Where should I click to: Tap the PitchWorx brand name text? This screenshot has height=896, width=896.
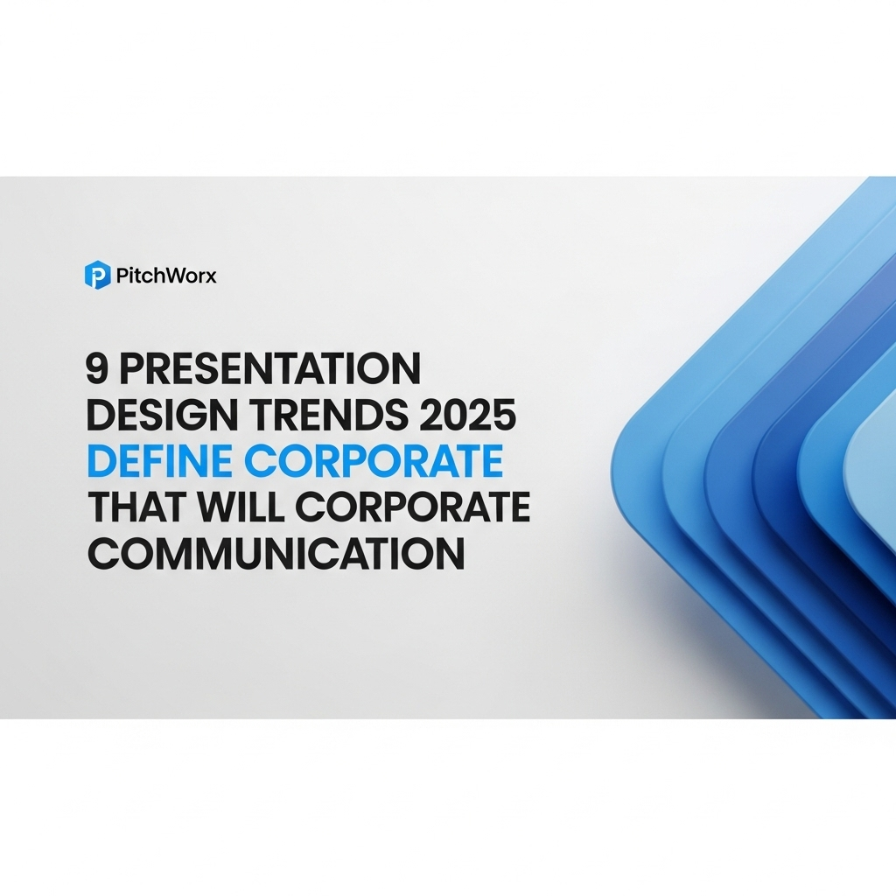(x=165, y=276)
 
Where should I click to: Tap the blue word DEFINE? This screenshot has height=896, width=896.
(x=151, y=462)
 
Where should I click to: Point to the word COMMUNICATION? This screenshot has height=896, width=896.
(x=275, y=554)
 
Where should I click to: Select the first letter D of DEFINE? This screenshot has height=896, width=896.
(x=99, y=462)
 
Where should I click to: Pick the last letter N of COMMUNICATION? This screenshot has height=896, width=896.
(x=450, y=554)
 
